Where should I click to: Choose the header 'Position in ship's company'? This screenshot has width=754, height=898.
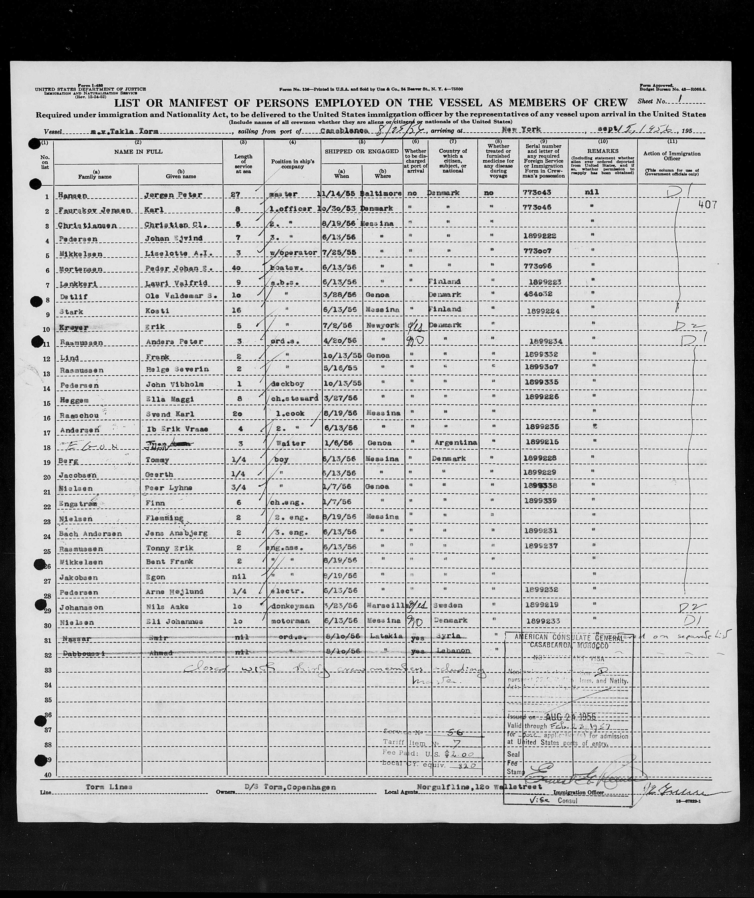pos(292,164)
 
